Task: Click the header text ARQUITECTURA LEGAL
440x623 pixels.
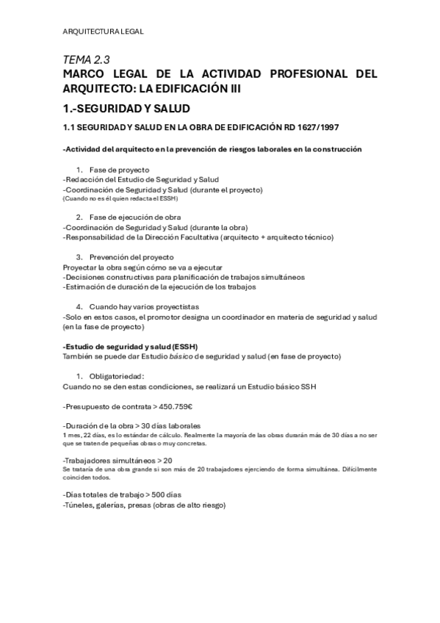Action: tap(103, 31)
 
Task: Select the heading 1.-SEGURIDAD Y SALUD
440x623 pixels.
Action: tap(126, 108)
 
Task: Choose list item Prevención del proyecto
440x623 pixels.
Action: tap(131, 256)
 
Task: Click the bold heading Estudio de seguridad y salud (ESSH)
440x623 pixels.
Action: tap(131, 345)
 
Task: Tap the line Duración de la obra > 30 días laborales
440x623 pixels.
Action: tap(132, 425)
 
